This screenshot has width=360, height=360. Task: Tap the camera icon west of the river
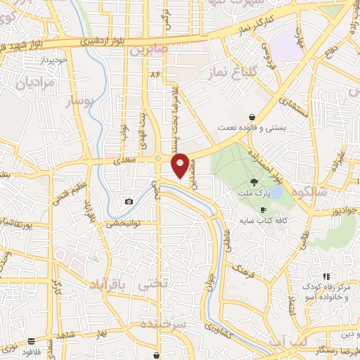(129, 202)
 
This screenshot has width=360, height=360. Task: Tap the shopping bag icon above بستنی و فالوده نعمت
(252, 117)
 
